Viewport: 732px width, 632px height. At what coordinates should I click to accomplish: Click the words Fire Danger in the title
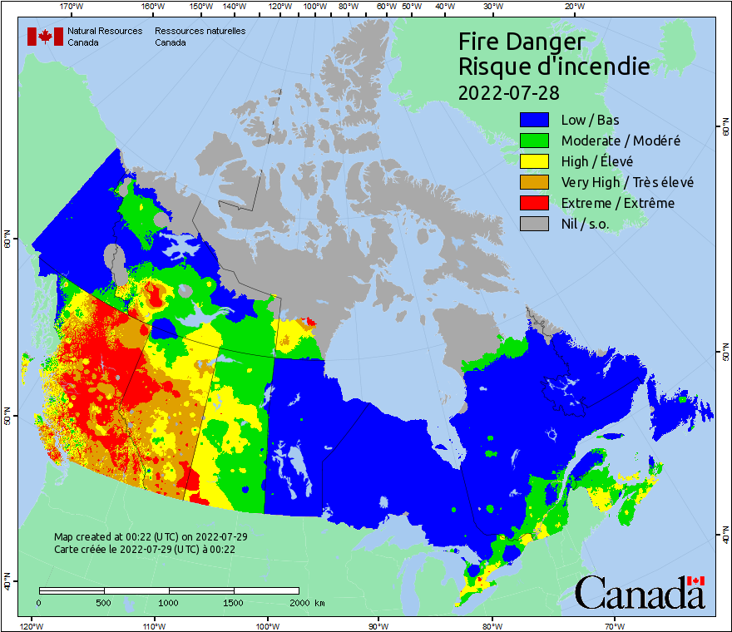[x=522, y=42]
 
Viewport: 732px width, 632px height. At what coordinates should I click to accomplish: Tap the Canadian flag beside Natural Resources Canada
[x=45, y=37]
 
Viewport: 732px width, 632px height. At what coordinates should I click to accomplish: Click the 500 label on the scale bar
[x=104, y=603]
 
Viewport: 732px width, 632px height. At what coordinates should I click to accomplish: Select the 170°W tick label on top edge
[x=72, y=7]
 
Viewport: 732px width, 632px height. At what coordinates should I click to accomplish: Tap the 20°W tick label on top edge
[x=572, y=7]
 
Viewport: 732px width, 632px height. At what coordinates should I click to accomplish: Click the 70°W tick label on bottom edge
[x=614, y=625]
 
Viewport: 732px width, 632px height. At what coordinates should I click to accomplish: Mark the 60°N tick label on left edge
[x=7, y=242]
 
